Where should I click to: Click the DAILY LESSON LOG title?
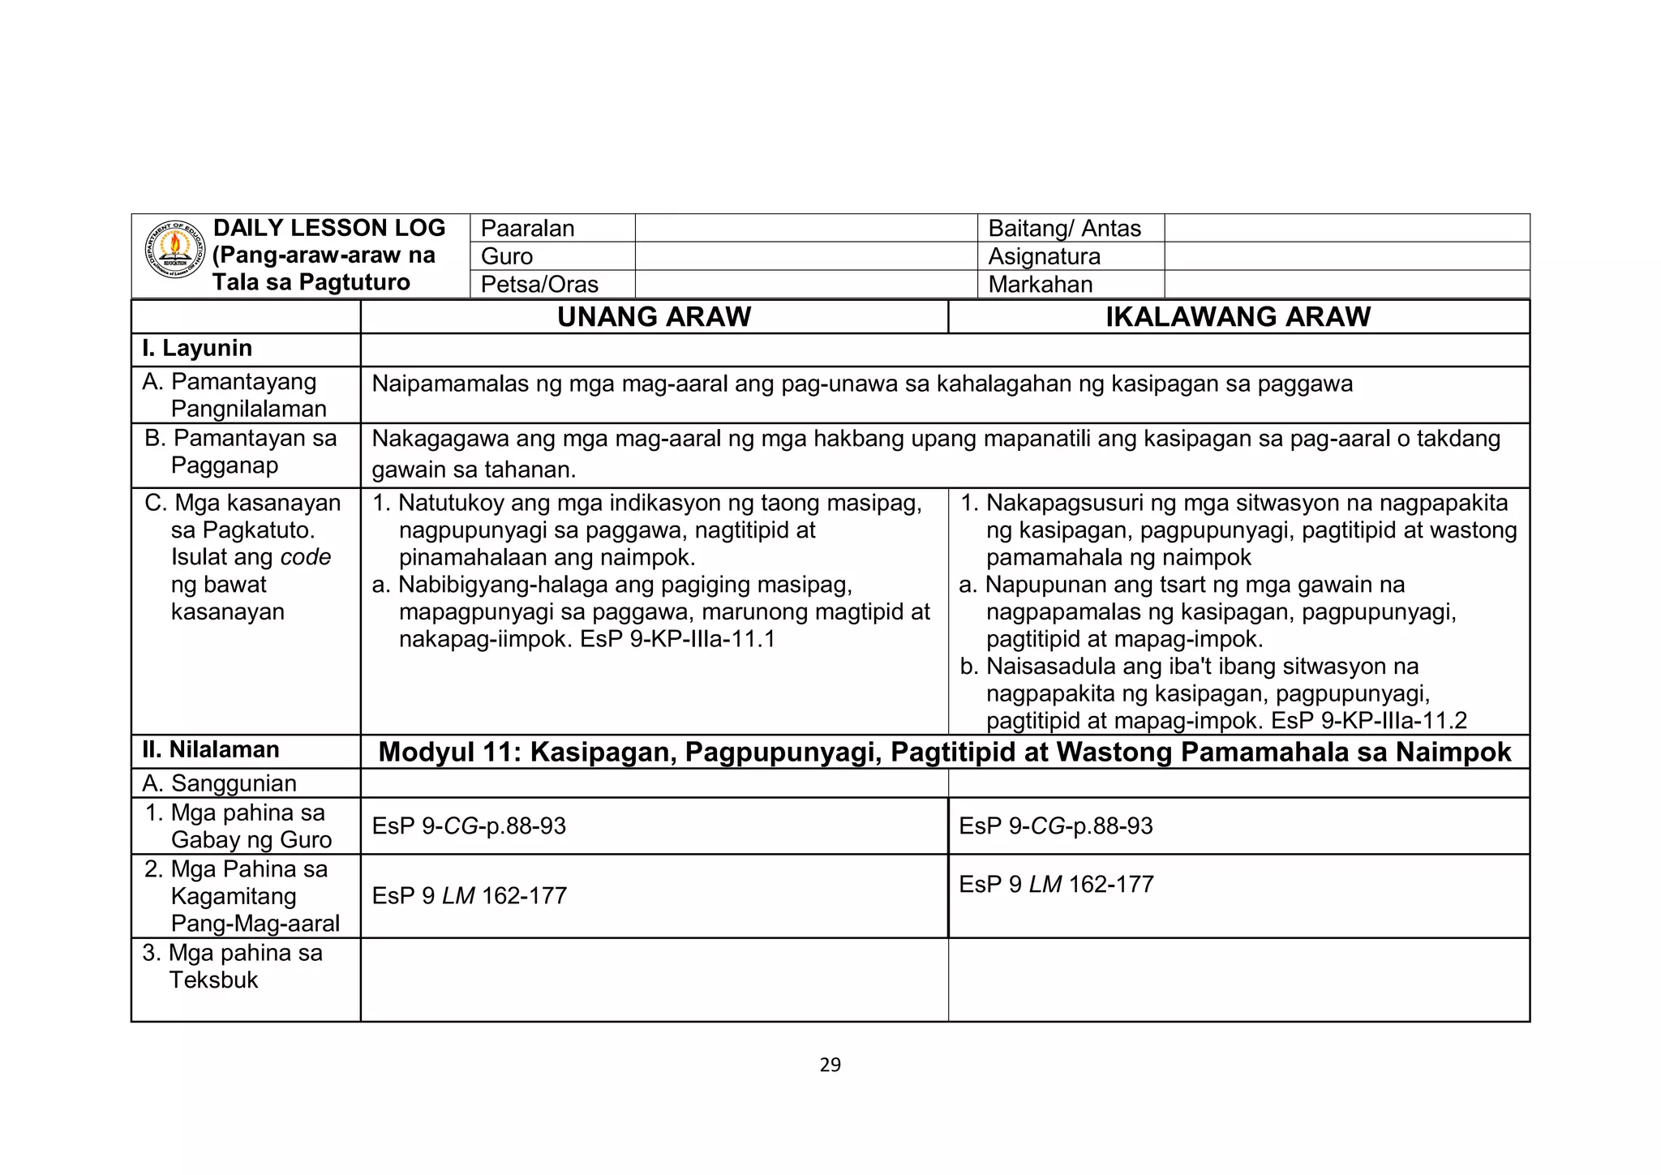click(329, 228)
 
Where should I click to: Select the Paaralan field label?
click(527, 229)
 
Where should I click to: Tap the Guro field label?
click(507, 256)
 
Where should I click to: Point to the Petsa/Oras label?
click(539, 285)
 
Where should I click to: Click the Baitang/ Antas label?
click(1064, 229)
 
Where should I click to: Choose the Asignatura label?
click(1044, 256)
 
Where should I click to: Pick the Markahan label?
click(1041, 285)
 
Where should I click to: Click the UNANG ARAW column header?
click(654, 317)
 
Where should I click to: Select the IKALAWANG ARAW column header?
click(1238, 317)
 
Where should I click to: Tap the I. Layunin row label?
click(197, 349)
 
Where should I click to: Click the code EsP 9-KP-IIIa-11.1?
click(677, 640)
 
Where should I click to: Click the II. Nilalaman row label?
click(211, 750)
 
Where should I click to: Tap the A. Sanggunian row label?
click(220, 783)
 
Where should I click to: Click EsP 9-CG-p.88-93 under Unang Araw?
click(469, 826)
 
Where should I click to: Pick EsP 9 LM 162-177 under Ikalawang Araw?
click(1056, 885)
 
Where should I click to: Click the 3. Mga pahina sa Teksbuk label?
click(233, 966)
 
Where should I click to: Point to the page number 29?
click(830, 1065)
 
